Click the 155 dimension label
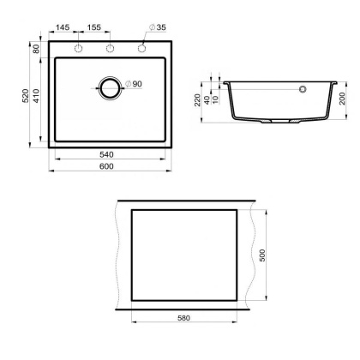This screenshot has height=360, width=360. point(93,29)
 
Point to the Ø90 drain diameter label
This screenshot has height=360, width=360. point(133,83)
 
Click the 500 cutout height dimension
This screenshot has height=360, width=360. point(264,256)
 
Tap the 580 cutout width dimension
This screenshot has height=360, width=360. point(183,319)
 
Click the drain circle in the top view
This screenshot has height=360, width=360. point(110,87)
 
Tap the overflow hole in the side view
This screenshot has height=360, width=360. point(302,88)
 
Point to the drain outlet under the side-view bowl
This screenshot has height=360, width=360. point(273,125)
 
